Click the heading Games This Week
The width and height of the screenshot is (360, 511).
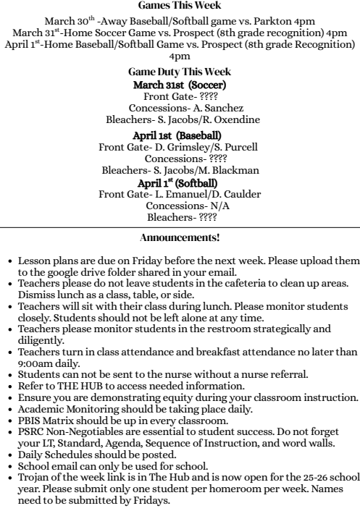pos(179,5)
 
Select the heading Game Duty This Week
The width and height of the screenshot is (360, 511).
pos(179,72)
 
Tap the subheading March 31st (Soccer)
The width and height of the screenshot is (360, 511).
pos(179,85)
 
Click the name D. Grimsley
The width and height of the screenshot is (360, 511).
pos(172,146)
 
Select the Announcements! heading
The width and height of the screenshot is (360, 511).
pos(179,236)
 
